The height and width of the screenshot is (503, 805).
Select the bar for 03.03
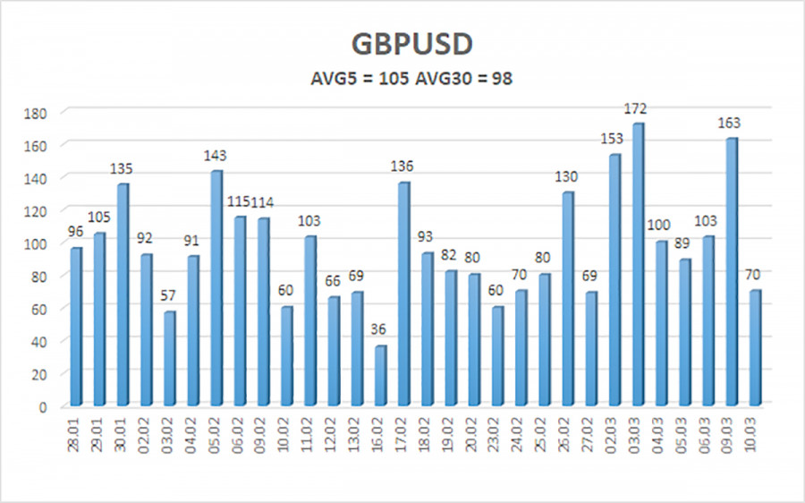639,265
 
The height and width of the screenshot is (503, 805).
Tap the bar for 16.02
381,376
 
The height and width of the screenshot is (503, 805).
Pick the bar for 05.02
216,288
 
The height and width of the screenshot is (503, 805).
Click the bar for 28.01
76,327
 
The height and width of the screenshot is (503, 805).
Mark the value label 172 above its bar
636,109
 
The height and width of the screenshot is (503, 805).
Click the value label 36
380,331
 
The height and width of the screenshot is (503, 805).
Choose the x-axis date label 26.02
568,432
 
